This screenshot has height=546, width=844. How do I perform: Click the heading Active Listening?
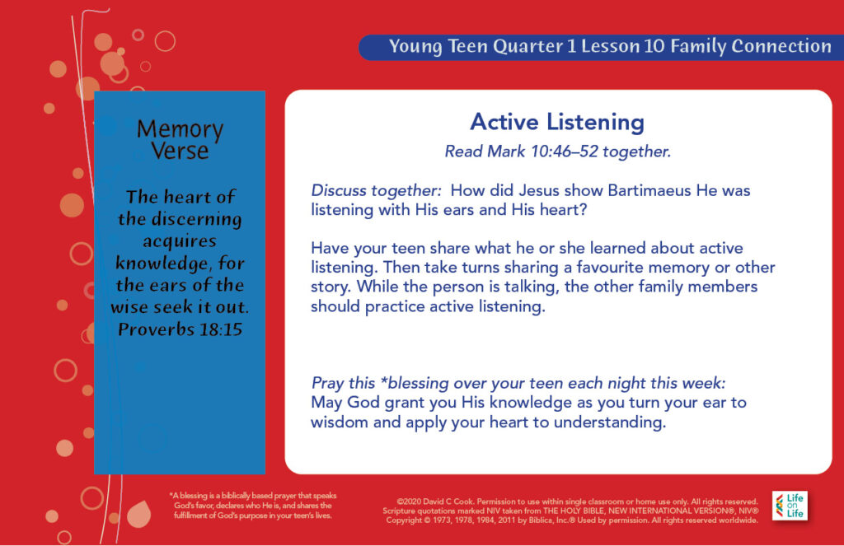pyautogui.click(x=557, y=123)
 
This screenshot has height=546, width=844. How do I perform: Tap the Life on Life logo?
pyautogui.click(x=790, y=506)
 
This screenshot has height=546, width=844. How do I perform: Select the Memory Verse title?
pyautogui.click(x=180, y=139)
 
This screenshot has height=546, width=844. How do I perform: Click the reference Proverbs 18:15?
pyautogui.click(x=180, y=329)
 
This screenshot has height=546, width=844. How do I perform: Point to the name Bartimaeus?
pyautogui.click(x=649, y=190)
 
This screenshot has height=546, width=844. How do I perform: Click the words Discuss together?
pyautogui.click(x=376, y=191)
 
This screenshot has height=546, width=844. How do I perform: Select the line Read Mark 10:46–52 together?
pyautogui.click(x=558, y=152)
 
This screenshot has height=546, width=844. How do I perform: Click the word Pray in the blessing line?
pyautogui.click(x=326, y=384)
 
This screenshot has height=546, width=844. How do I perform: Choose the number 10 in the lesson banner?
pyautogui.click(x=654, y=46)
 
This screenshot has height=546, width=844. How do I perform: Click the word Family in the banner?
pyautogui.click(x=698, y=47)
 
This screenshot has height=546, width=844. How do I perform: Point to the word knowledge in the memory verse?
pyautogui.click(x=162, y=263)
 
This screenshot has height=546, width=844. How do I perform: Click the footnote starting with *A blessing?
pyautogui.click(x=252, y=506)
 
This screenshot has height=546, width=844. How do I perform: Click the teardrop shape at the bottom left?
pyautogui.click(x=138, y=513)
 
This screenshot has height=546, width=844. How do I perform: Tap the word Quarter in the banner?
pyautogui.click(x=528, y=47)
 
